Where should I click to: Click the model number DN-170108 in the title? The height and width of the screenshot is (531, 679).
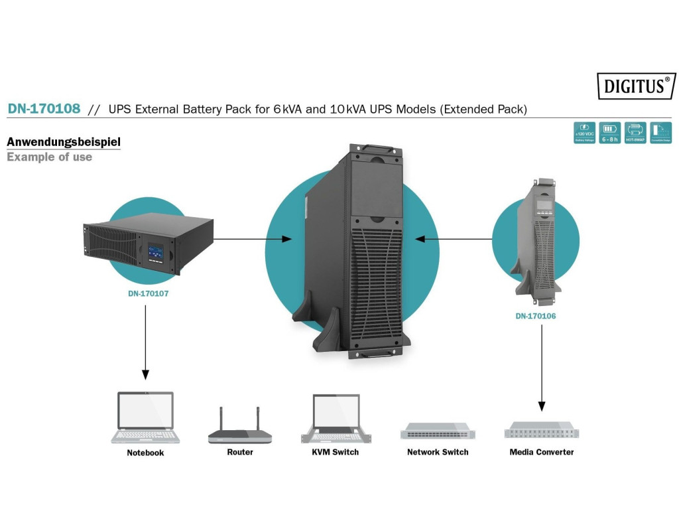click(44, 109)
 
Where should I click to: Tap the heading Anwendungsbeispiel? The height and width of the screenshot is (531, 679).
click(64, 142)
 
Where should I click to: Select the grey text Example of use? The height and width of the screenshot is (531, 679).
click(49, 157)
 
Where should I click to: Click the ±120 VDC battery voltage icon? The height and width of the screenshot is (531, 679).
click(584, 133)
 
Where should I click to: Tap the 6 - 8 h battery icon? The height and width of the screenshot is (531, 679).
click(609, 133)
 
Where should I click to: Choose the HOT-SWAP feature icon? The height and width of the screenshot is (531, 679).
click(635, 133)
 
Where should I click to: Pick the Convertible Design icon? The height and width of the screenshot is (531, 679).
click(660, 133)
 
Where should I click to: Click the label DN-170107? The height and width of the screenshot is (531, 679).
click(149, 293)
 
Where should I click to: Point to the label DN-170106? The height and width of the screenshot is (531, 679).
click(536, 316)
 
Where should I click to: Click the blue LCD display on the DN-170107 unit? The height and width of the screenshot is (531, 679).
click(156, 252)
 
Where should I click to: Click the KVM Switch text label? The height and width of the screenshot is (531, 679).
click(336, 452)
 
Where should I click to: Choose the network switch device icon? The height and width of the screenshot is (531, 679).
click(438, 431)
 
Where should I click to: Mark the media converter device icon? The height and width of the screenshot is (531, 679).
click(541, 430)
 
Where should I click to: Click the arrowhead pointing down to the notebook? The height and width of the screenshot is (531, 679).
click(145, 375)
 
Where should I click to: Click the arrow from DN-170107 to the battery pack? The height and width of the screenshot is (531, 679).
click(252, 238)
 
